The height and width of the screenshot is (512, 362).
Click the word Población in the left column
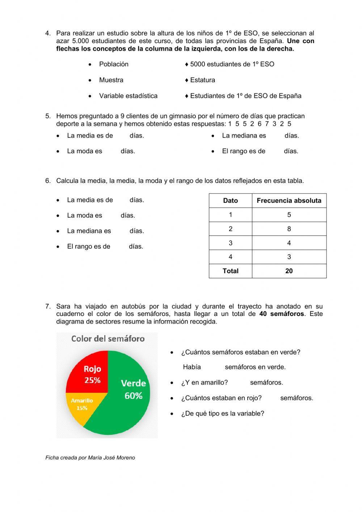coord(114,64)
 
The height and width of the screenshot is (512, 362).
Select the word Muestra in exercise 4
coord(111,80)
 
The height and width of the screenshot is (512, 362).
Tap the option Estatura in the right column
coord(202,80)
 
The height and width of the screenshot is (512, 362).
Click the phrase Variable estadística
coord(128,96)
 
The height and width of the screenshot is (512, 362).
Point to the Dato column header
coord(231,201)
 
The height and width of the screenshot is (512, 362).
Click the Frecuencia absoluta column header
coord(289,201)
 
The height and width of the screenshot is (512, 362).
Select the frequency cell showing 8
coord(289,229)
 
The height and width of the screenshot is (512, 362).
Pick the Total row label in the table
coord(231,271)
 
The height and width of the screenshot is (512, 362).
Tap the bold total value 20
coord(289,271)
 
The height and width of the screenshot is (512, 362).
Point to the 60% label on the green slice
coord(133,396)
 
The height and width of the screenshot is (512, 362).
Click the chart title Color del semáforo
coord(108,339)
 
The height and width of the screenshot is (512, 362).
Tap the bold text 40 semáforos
coord(282,314)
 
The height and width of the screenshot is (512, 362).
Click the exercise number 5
coord(48,116)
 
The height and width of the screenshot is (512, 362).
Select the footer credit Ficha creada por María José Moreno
coord(90,458)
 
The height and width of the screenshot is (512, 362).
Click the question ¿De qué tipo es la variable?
coord(223,413)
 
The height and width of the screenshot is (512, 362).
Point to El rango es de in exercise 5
coord(244,151)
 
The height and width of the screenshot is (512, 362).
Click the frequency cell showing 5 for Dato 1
coord(289,215)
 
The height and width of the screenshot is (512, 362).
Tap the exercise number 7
coord(48,307)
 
